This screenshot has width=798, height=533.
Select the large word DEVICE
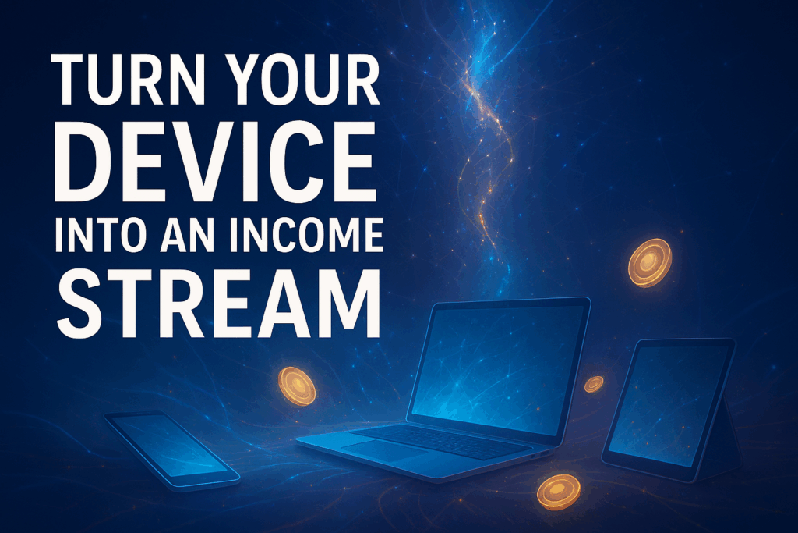tap(215, 162)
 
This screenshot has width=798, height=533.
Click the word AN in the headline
tap(188, 235)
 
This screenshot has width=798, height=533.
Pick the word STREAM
tap(218, 303)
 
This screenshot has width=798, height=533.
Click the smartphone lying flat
tap(172, 449)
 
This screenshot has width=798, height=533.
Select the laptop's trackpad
tap(385, 450)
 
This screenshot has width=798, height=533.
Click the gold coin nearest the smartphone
tap(297, 386)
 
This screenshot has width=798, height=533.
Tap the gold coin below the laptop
tap(558, 492)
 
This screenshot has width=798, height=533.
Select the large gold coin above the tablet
tap(649, 263)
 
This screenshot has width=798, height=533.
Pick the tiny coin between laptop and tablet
tap(593, 384)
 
